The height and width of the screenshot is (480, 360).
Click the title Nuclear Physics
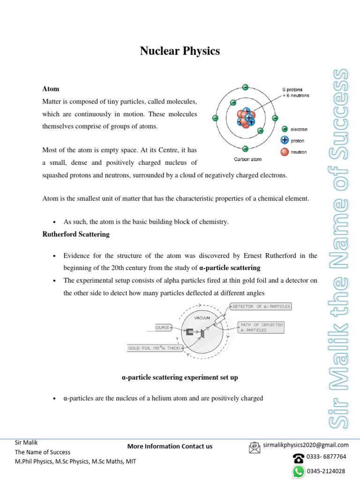(180, 51)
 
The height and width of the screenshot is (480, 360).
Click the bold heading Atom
(50, 89)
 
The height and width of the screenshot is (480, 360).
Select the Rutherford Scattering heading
(75, 234)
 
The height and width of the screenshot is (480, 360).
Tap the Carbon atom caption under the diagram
(247, 159)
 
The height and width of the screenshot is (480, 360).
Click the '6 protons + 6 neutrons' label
(295, 92)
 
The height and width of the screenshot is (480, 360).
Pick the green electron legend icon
(284, 129)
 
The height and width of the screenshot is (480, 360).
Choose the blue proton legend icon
(284, 140)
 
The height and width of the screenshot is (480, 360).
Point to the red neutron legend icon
(284, 151)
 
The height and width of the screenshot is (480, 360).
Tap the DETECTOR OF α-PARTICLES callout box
(261, 307)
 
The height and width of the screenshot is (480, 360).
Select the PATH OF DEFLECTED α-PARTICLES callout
(261, 327)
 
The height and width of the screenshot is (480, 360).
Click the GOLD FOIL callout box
(154, 348)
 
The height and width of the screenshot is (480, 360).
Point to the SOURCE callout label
(163, 327)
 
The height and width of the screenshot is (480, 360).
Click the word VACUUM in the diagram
(202, 317)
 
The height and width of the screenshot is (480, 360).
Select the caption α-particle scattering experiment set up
(180, 377)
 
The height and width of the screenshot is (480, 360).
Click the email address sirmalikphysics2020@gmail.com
(306, 445)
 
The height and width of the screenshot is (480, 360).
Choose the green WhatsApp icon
(298, 471)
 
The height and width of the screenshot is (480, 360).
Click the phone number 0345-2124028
(326, 471)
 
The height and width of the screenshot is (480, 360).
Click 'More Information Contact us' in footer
(170, 446)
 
